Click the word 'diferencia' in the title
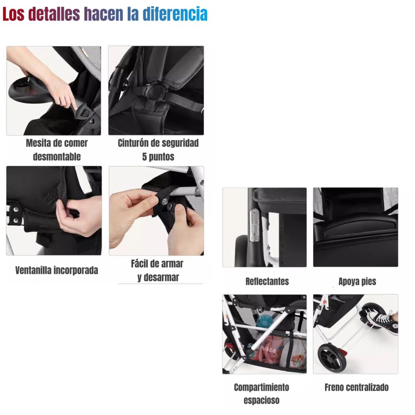[x=175, y=14]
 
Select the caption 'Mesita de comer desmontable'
[x=57, y=150]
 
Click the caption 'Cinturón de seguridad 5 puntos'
[x=158, y=150]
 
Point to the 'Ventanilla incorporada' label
[x=57, y=271]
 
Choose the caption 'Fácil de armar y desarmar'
[x=157, y=271]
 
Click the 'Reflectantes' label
[x=267, y=281]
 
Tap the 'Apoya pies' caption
[x=357, y=281]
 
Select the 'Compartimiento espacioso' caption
[x=261, y=394]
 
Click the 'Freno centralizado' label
[x=356, y=388]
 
